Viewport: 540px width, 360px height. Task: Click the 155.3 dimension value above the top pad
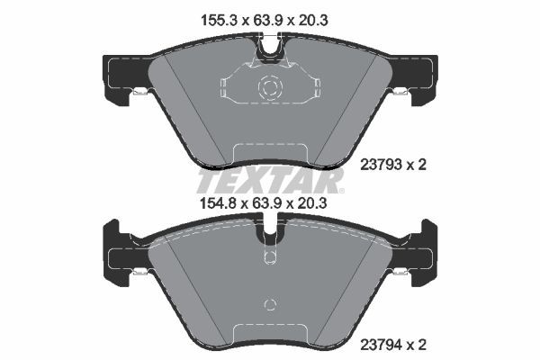[219, 21]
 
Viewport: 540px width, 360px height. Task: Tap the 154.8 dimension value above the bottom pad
[219, 203]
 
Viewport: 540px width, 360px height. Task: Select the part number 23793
[381, 165]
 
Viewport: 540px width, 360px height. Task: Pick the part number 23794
[381, 345]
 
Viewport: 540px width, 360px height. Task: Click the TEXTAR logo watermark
[270, 181]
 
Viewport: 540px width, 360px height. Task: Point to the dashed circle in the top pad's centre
[270, 86]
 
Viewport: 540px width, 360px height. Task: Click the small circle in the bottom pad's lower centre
[270, 304]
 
